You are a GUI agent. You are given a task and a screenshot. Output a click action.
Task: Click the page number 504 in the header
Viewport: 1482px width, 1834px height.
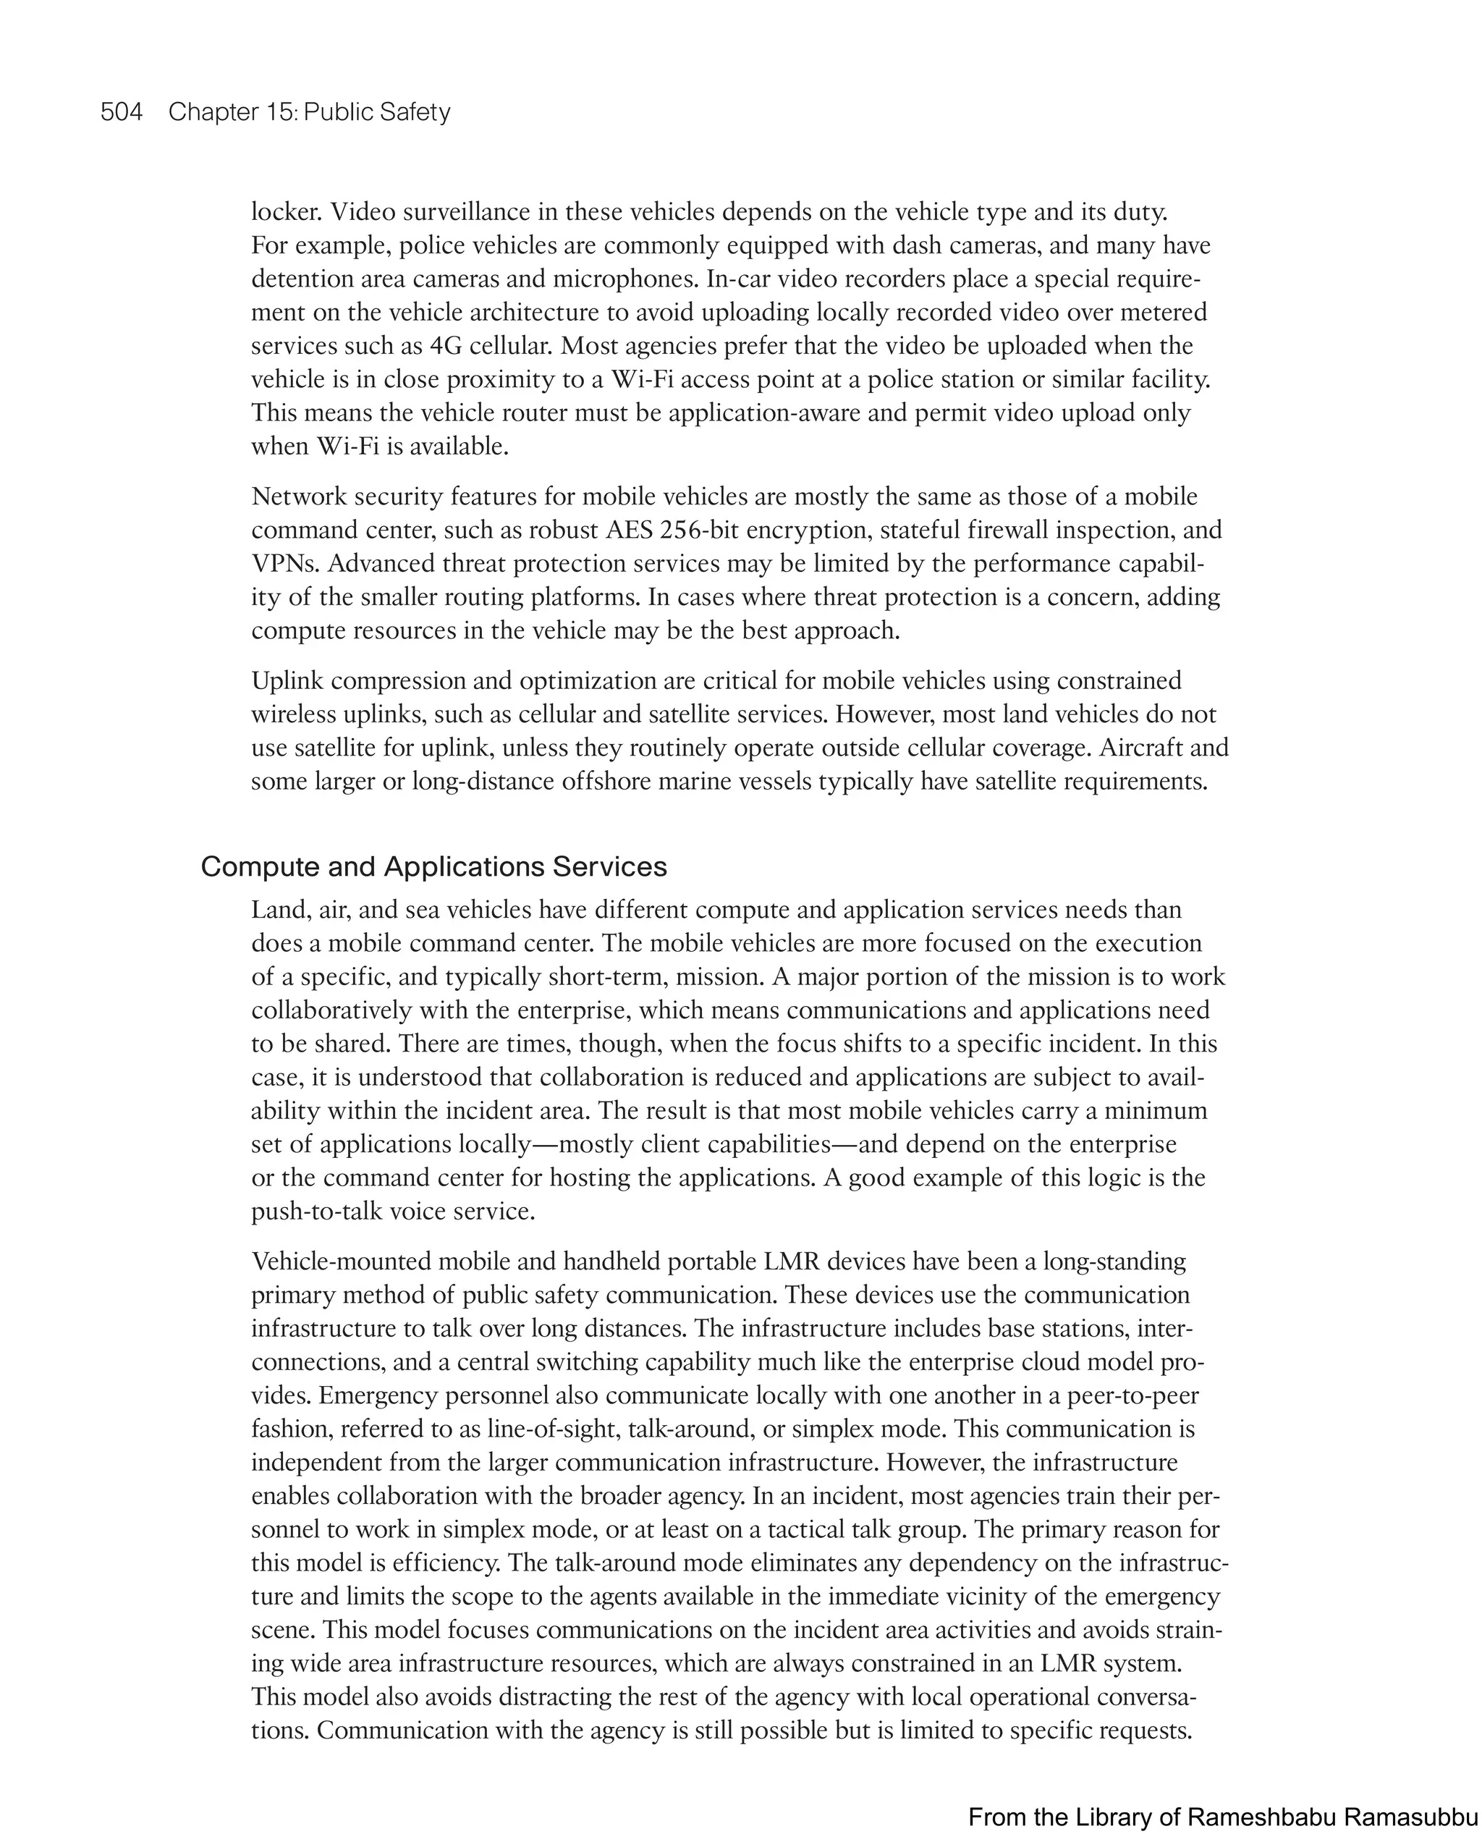coord(122,112)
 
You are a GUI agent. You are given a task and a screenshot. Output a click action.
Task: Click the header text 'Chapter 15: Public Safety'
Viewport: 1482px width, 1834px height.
coord(309,112)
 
